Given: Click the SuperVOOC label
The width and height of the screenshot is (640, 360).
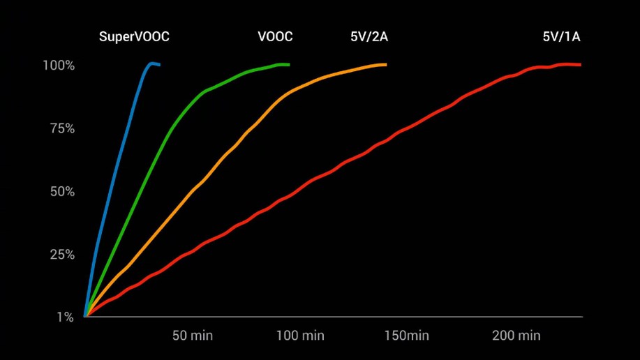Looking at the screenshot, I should point(134,37).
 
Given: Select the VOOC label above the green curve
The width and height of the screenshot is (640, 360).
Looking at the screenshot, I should point(275,37).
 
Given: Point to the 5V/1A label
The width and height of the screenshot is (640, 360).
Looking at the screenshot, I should point(561,37).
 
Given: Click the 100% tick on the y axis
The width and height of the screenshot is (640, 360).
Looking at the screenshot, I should point(59,66).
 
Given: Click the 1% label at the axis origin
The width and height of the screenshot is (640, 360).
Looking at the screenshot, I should point(65,317).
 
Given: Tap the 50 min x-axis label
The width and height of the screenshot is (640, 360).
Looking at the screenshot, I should point(193,336).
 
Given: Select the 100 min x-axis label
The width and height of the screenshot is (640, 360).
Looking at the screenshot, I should point(300,336).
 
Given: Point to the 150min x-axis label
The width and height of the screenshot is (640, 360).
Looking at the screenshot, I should point(406,336).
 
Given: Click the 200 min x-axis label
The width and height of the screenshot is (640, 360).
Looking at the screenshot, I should point(516,336).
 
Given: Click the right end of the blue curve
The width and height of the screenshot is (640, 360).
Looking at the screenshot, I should point(159,65).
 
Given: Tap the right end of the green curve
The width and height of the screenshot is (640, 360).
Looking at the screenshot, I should point(288,65).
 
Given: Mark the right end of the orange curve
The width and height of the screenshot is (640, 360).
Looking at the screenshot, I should point(385,65).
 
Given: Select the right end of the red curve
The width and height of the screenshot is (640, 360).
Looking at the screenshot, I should point(580,65).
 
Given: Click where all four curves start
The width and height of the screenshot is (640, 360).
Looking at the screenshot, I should point(85,316).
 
